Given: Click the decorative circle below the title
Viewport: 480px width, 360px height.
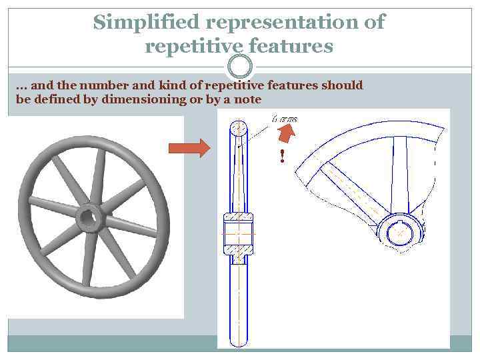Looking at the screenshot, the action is [240, 66].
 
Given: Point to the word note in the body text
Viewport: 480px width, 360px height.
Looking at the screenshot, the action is [246, 99].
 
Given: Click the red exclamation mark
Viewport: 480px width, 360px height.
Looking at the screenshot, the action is [282, 157].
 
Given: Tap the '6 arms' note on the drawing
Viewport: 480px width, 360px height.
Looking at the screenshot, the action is [285, 119].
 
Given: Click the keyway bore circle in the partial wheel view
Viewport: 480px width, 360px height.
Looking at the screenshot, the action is [399, 233].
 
